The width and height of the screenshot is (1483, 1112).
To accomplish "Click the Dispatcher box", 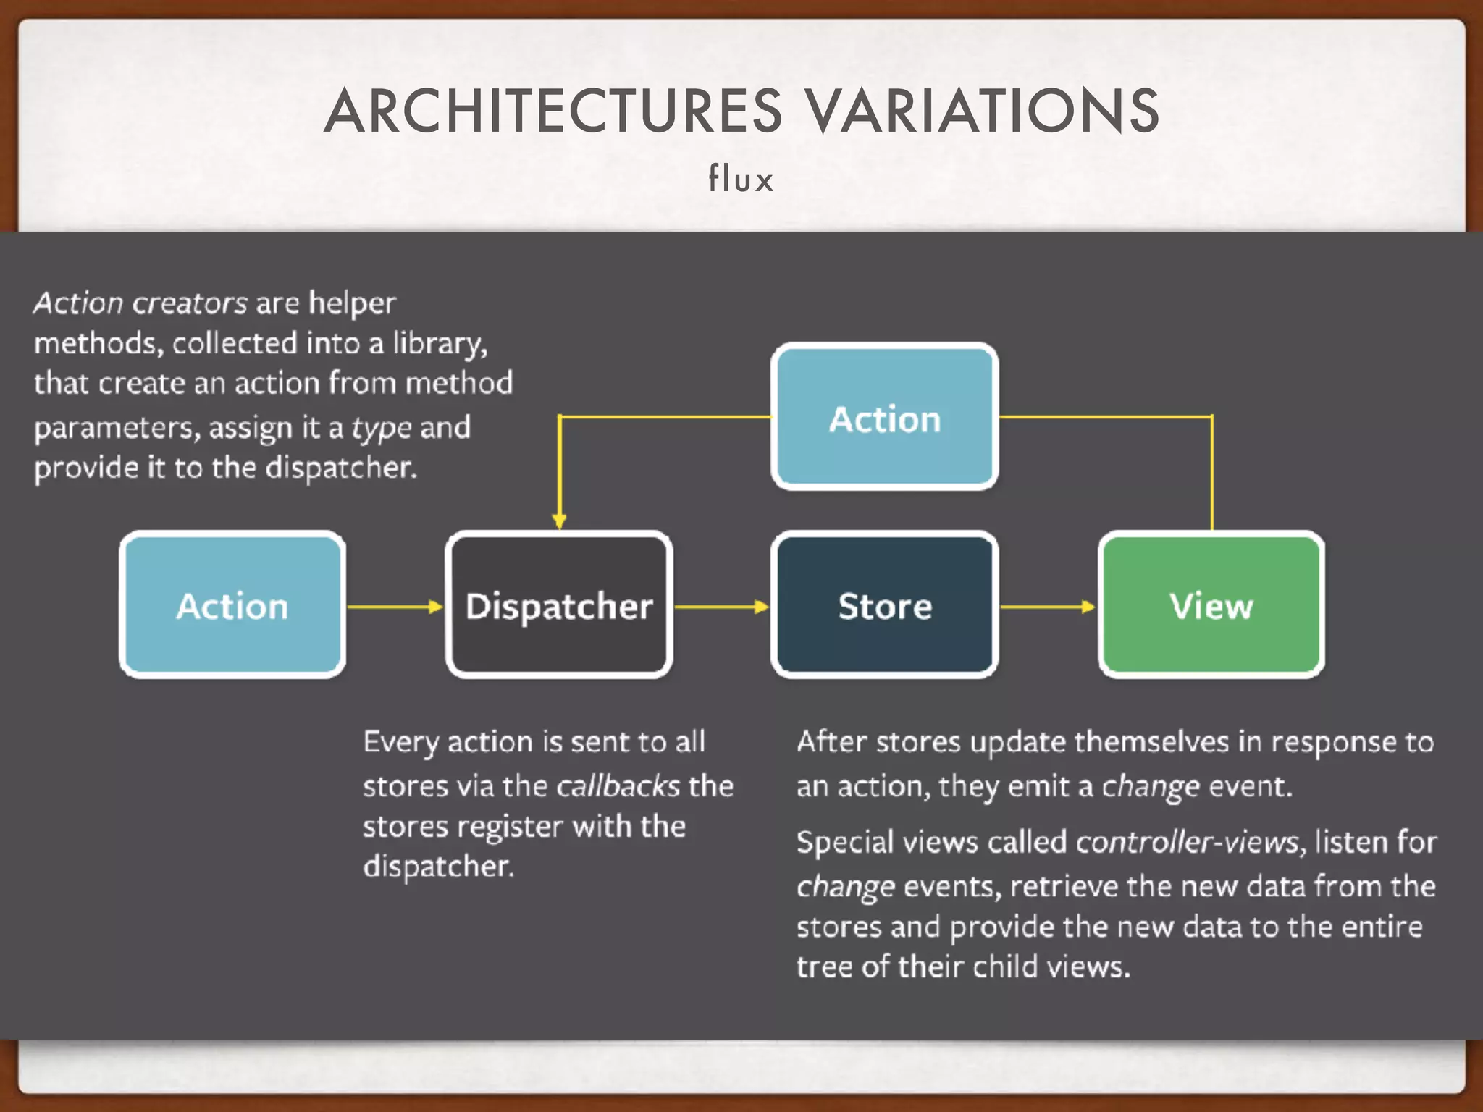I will pyautogui.click(x=558, y=605).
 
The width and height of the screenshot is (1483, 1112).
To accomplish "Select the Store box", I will pyautogui.click(x=885, y=605).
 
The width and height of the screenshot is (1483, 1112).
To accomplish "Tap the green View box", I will pyautogui.click(x=1211, y=605).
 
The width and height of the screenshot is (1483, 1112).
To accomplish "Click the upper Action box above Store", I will pyautogui.click(x=885, y=418).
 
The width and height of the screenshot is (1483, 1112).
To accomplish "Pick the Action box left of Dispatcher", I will pyautogui.click(x=232, y=605).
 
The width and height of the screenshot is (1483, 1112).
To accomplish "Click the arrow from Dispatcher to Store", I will pyautogui.click(x=721, y=606).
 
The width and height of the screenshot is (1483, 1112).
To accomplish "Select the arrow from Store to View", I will pyautogui.click(x=1047, y=606).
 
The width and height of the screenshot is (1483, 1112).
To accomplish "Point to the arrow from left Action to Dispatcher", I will pyautogui.click(x=395, y=606).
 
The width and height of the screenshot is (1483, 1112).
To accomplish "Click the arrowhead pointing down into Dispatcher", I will pyautogui.click(x=559, y=520).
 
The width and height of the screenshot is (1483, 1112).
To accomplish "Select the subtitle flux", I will pyautogui.click(x=741, y=179).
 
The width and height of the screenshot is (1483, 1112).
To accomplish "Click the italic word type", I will pyautogui.click(x=382, y=428).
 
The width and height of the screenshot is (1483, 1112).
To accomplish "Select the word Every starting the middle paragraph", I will pyautogui.click(x=400, y=743).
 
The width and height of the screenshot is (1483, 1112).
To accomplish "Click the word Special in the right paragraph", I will pyautogui.click(x=844, y=843).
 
